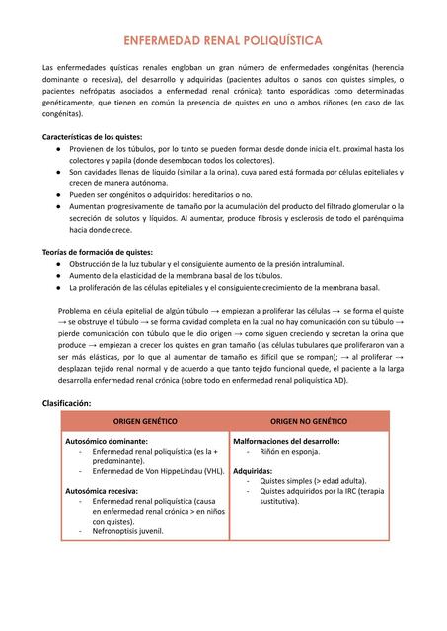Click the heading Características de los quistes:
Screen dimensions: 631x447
point(92,135)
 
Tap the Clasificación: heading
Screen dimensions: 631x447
point(67,403)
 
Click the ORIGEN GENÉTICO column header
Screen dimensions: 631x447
point(145,421)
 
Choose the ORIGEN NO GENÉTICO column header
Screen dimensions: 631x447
point(309,421)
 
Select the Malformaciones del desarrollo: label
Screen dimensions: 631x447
point(286,441)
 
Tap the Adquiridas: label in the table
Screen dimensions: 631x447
point(254,470)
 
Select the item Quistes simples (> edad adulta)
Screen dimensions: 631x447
point(308,480)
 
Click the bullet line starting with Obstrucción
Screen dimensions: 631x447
point(207,264)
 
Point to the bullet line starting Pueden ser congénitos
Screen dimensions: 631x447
point(160,195)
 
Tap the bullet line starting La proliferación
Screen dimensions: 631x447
point(224,288)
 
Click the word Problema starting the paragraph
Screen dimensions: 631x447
point(78,310)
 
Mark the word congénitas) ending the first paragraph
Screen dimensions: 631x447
point(63,113)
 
